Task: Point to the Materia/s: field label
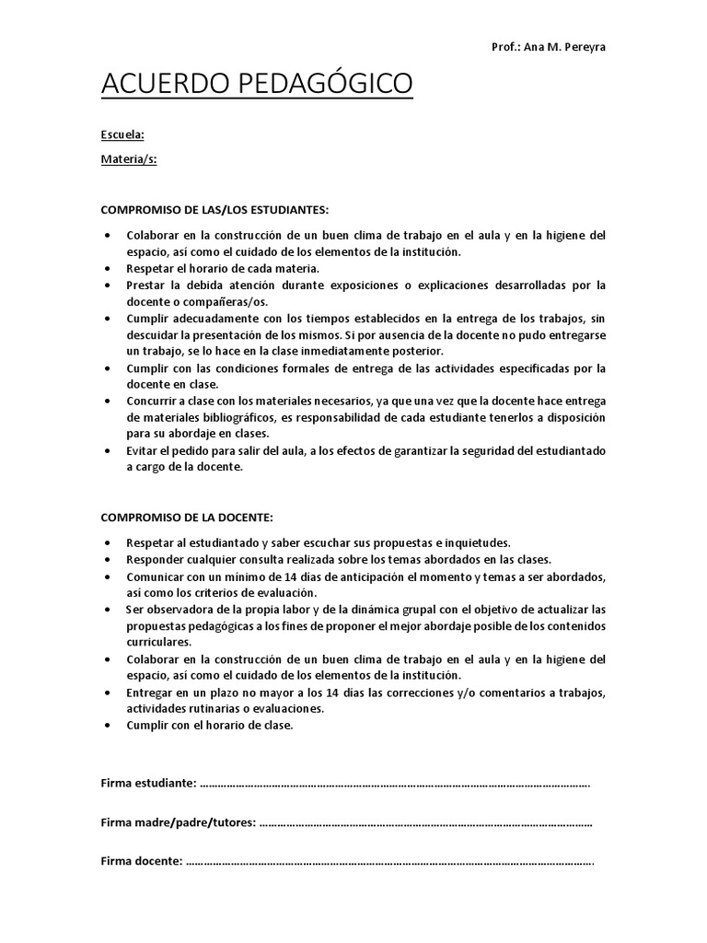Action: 128,158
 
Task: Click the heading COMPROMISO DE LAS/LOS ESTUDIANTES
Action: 214,211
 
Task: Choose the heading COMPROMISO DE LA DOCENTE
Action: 187,518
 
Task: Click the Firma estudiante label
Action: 147,783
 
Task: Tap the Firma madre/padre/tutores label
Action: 178,822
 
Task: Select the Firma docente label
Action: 141,862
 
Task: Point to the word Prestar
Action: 146,285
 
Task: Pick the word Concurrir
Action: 154,402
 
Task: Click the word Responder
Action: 154,559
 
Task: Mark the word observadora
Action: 178,610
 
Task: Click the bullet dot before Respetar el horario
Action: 109,269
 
